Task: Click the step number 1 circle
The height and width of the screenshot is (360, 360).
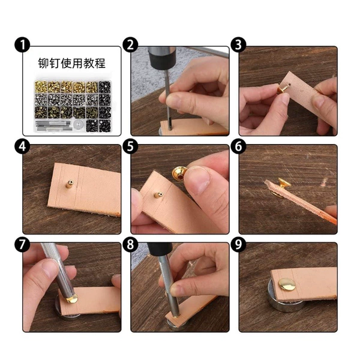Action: pos(23,44)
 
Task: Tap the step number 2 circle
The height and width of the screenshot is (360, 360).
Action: pos(130,44)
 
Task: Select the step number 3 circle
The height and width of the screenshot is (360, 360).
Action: pos(239,44)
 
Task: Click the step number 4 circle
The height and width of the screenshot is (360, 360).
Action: pos(23,146)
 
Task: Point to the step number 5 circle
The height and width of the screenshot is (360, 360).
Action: pos(130,146)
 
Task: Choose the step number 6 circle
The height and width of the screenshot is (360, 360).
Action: pos(239,146)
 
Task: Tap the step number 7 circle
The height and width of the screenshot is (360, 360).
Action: pos(23,244)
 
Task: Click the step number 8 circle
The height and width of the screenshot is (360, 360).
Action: pos(130,244)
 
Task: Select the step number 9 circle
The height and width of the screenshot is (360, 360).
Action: pos(239,244)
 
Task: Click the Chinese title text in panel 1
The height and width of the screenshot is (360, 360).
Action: pos(72,63)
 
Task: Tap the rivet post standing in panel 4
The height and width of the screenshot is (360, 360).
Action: pos(70,184)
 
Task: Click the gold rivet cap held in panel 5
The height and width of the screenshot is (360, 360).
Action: pos(180,173)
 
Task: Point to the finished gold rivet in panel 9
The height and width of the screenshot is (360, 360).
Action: pos(287,284)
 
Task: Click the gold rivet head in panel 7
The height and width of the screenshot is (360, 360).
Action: pos(72,299)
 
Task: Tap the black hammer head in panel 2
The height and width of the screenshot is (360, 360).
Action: pos(161,55)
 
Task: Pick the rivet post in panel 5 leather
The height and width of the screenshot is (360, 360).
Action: pos(158,195)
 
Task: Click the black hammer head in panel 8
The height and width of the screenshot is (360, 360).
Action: pos(160,250)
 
